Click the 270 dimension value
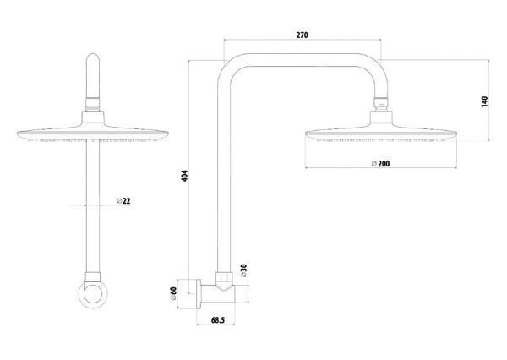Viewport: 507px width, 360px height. [x=302, y=35]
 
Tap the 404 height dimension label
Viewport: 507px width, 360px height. [x=184, y=176]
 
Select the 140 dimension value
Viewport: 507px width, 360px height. [x=484, y=102]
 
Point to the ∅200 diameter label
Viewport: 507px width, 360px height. [x=380, y=163]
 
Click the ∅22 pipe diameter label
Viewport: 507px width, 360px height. [x=123, y=201]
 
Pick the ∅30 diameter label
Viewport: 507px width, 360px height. [x=243, y=270]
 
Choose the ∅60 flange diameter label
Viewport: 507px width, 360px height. [x=173, y=294]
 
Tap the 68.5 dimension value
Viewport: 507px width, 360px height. [x=218, y=320]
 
